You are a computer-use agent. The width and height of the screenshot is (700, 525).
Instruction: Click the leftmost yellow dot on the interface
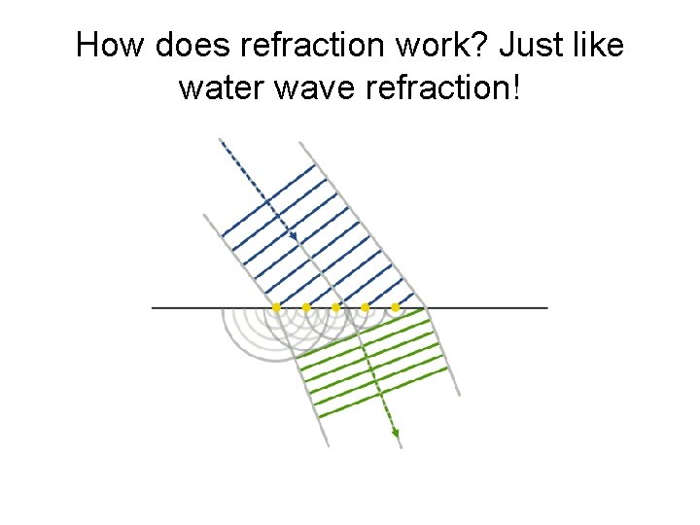click(276, 307)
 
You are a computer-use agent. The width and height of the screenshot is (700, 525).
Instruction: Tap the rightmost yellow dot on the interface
click(395, 307)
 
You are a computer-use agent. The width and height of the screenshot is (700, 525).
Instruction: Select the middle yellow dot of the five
click(335, 307)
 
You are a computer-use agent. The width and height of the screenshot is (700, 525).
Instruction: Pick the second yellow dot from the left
click(306, 307)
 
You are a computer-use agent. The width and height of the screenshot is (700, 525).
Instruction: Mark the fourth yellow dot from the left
click(365, 307)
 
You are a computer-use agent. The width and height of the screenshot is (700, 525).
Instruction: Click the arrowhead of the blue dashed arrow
click(293, 236)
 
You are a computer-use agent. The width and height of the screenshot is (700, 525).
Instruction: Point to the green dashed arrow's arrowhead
click(396, 438)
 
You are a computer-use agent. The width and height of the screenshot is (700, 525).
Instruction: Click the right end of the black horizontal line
click(545, 307)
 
